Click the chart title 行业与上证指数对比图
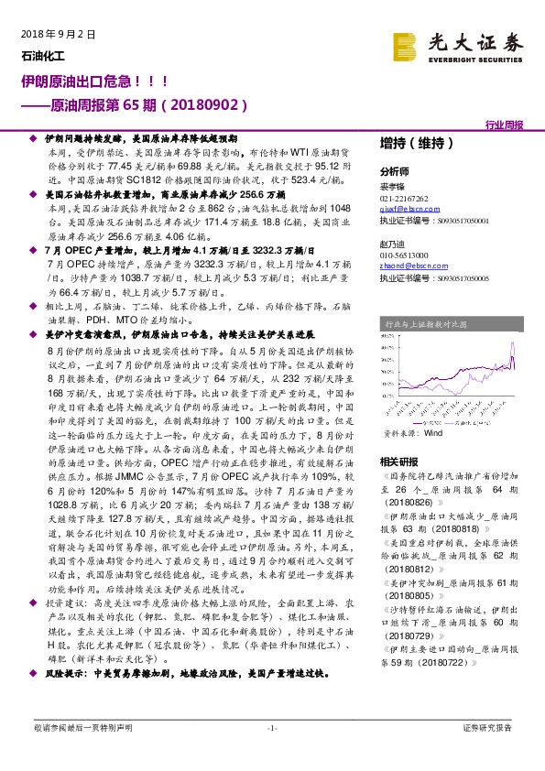click(425, 323)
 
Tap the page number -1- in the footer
click(271, 727)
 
